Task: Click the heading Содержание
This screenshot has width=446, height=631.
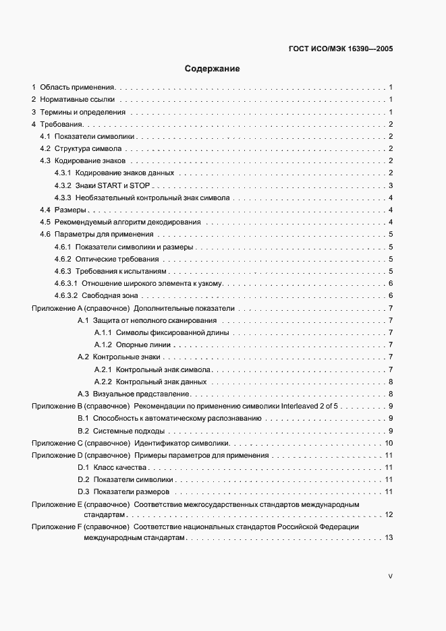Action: [213, 69]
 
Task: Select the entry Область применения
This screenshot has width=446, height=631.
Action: [78, 88]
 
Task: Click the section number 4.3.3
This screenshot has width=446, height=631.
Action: [63, 198]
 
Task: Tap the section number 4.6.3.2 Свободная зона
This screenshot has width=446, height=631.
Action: [66, 295]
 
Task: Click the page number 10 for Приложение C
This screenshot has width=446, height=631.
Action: [389, 443]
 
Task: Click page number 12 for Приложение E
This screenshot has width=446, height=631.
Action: [389, 514]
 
